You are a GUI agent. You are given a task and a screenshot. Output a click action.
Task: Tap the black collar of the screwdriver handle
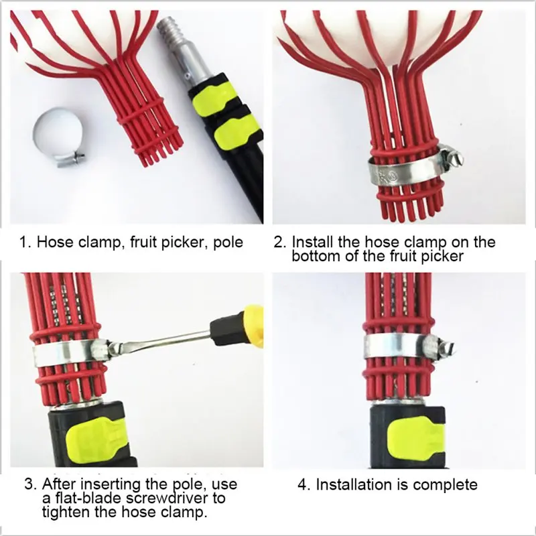pos(224,327)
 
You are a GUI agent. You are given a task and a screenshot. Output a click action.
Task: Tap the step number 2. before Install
pos(279,241)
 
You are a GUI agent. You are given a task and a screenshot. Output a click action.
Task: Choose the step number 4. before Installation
pos(304,484)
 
